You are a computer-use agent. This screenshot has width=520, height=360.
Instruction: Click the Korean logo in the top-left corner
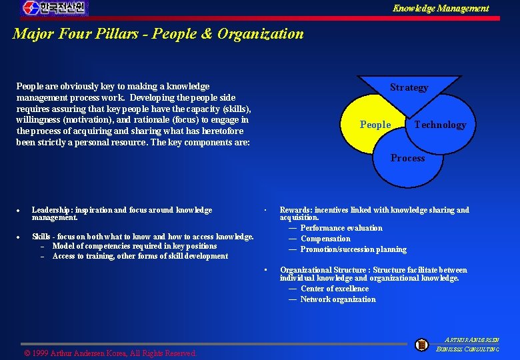54,8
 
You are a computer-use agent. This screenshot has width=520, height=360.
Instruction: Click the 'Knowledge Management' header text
440,8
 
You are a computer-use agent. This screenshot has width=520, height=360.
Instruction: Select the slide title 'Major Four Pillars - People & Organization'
158,33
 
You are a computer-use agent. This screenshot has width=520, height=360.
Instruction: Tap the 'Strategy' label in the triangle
409,87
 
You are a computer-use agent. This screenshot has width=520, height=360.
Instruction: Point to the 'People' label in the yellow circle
375,125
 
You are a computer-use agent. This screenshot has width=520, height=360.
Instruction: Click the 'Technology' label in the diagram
440,125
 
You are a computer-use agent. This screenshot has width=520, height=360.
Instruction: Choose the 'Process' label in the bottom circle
407,158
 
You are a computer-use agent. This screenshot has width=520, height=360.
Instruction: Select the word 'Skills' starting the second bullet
41,237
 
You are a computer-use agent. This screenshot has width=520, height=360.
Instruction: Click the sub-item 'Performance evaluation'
341,228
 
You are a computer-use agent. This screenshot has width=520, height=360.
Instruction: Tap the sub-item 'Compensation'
325,239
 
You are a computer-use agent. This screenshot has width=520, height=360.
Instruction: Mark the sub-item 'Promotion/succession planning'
353,249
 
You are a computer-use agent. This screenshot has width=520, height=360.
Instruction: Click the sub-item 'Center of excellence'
334,289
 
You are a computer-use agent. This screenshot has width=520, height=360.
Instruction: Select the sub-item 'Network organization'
337,299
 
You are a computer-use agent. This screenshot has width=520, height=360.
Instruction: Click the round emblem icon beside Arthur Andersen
421,345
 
